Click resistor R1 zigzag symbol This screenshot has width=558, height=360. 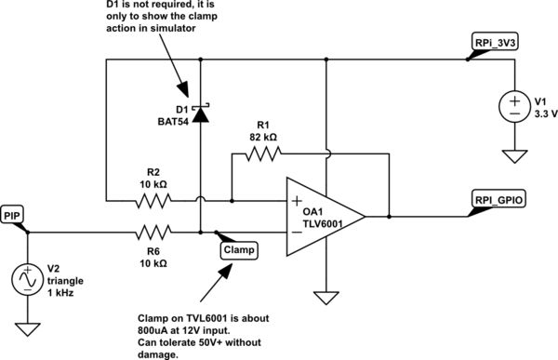264,157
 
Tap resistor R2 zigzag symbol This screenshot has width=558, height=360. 153,199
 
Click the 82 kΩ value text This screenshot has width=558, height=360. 264,137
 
